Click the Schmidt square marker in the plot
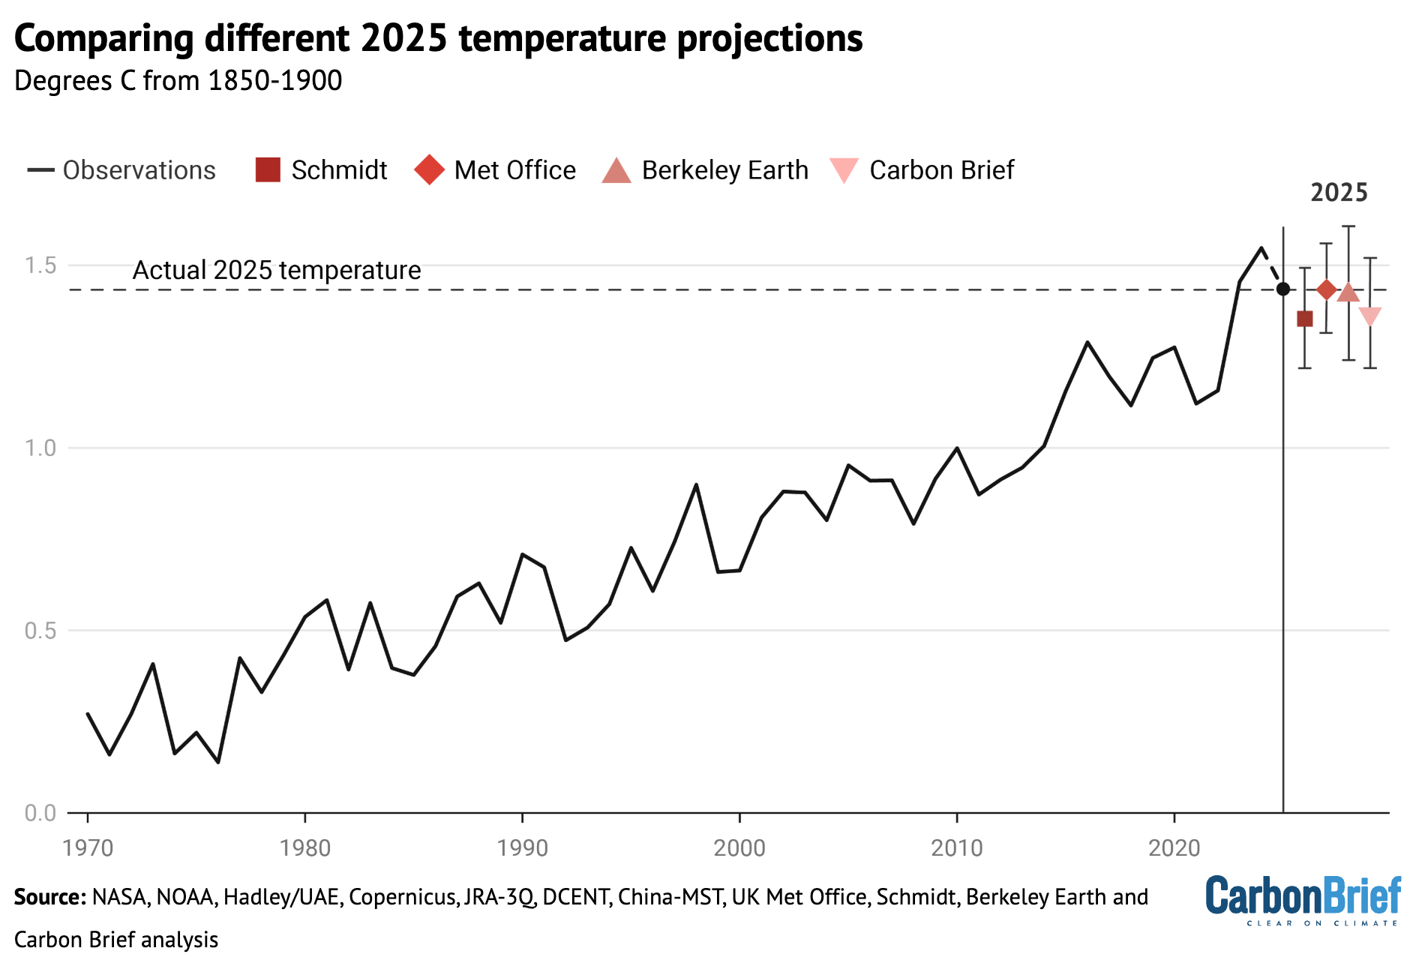pyautogui.click(x=1305, y=319)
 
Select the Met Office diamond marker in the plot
pyautogui.click(x=1327, y=289)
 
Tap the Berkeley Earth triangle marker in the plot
pyautogui.click(x=1348, y=292)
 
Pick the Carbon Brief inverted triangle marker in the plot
pyautogui.click(x=1370, y=316)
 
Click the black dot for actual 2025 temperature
pyautogui.click(x=1283, y=289)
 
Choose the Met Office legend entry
pyautogui.click(x=495, y=170)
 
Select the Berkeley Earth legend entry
pyautogui.click(x=705, y=170)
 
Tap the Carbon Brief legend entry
pyautogui.click(x=922, y=170)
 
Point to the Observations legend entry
pyautogui.click(x=121, y=170)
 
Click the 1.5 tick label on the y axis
pyautogui.click(x=40, y=265)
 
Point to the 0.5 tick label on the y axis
pyautogui.click(x=40, y=631)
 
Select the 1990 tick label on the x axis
pyautogui.click(x=522, y=848)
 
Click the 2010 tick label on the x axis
pyautogui.click(x=956, y=848)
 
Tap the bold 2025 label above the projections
pyautogui.click(x=1339, y=193)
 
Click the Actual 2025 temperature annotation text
pyautogui.click(x=277, y=270)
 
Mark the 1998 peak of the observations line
pyautogui.click(x=696, y=484)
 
